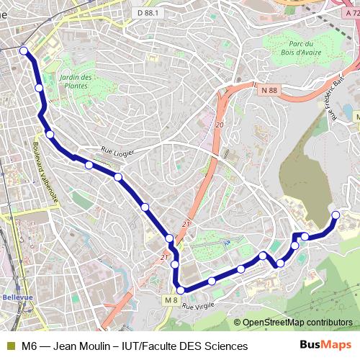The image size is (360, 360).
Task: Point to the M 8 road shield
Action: (x=170, y=300)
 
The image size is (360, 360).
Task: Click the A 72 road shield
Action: (x=351, y=12)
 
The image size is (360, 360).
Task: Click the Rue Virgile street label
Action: (x=199, y=307)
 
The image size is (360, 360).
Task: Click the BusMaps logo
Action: (x=325, y=346)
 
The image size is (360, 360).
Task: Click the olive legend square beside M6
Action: (x=10, y=346)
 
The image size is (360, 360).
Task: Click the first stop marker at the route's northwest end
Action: (x=24, y=50)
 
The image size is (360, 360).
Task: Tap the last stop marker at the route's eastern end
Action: (x=335, y=215)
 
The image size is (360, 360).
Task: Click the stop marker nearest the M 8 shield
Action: (x=181, y=290)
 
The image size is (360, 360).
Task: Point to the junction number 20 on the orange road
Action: (x=220, y=126)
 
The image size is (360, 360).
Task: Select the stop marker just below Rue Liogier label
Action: (x=117, y=176)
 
